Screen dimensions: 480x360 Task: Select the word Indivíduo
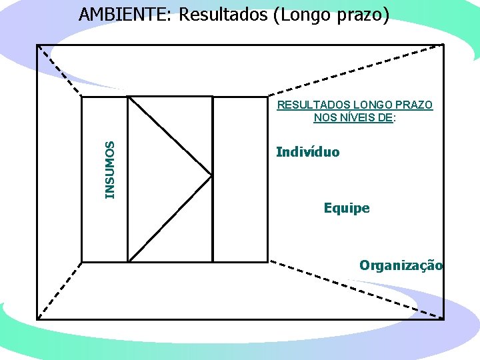coord(307,152)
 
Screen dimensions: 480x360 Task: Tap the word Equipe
coord(347,208)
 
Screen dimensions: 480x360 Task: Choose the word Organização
coord(401,265)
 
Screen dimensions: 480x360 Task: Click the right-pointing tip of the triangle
coord(211,176)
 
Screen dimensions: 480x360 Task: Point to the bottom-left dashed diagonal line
coord(59,289)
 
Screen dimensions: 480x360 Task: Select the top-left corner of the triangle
coord(129,98)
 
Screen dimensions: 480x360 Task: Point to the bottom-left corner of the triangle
coord(129,259)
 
